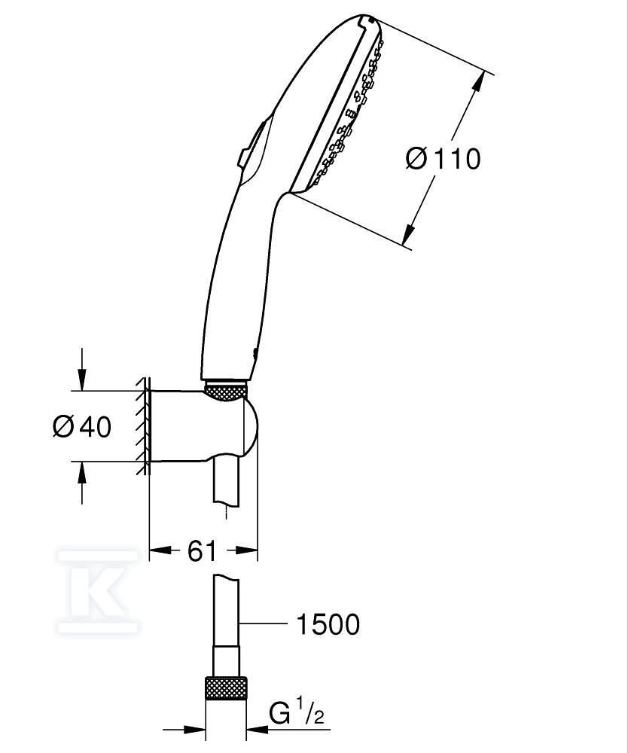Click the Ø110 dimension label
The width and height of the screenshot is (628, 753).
[443, 158]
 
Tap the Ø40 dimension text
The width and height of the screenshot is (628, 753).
[82, 426]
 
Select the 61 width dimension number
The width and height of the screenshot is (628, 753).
[202, 550]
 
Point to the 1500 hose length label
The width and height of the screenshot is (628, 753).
[328, 624]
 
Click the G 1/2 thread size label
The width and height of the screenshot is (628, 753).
[297, 712]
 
